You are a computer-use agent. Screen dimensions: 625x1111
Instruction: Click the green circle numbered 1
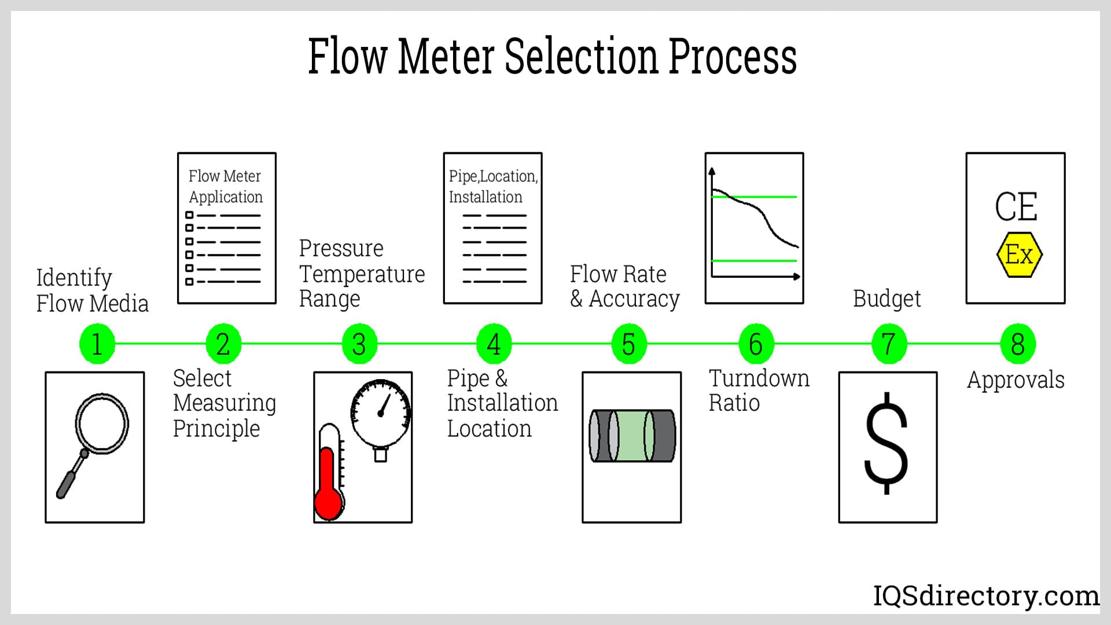pyautogui.click(x=97, y=344)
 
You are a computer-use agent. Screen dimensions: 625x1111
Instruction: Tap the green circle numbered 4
pyautogui.click(x=494, y=344)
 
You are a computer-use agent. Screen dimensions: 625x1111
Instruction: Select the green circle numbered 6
pyautogui.click(x=756, y=344)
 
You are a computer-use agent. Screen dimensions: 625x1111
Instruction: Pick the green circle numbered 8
pyautogui.click(x=1018, y=344)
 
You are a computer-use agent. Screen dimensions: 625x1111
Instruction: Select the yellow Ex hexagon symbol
pyautogui.click(x=1019, y=255)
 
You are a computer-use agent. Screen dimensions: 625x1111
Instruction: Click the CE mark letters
pyautogui.click(x=1016, y=207)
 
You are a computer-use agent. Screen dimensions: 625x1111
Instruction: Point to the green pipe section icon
pyautogui.click(x=632, y=436)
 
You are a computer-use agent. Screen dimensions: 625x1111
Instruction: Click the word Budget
pyautogui.click(x=886, y=299)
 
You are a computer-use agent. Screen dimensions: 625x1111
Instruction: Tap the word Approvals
pyautogui.click(x=1016, y=380)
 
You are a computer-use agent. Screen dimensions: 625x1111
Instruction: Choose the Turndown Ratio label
pyautogui.click(x=759, y=390)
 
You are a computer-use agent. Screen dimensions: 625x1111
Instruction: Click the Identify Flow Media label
pyautogui.click(x=92, y=291)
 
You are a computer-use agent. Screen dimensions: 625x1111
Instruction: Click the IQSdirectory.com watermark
pyautogui.click(x=986, y=595)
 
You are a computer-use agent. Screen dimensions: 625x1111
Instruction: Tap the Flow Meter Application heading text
pyautogui.click(x=225, y=186)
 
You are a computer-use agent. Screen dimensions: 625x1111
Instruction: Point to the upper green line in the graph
pyautogui.click(x=753, y=197)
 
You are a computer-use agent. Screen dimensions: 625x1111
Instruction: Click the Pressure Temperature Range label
pyautogui.click(x=361, y=273)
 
